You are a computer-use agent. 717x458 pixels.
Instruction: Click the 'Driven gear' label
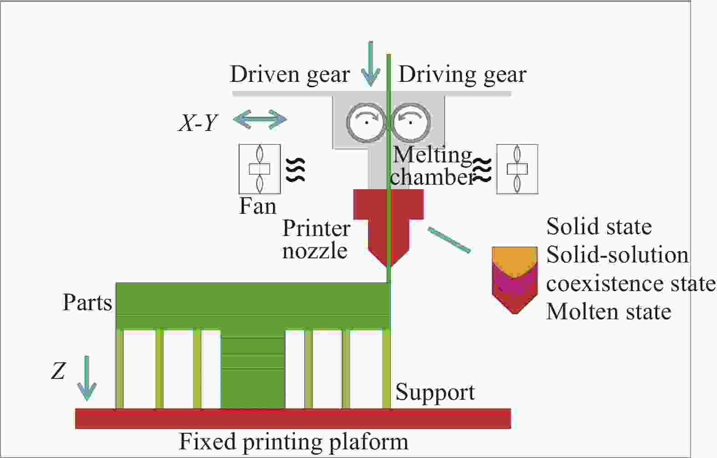tap(290, 74)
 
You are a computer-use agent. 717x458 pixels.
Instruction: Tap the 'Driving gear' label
tap(462, 74)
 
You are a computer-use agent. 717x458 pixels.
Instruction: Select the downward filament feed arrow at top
tap(371, 64)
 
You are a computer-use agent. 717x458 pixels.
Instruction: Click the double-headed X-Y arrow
tap(260, 120)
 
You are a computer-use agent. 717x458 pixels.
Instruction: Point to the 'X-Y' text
tap(198, 122)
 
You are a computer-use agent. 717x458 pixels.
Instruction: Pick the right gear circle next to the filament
tap(411, 121)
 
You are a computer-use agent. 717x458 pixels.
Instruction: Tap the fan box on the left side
tap(260, 169)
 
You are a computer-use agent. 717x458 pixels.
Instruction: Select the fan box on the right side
tap(517, 169)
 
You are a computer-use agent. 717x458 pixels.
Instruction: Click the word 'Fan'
tap(258, 206)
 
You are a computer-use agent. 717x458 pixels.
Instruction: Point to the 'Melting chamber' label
tap(432, 166)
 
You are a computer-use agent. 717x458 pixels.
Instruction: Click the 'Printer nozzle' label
tap(316, 239)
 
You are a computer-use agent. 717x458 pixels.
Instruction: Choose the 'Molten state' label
tap(608, 312)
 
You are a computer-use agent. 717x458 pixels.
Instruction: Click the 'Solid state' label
tap(599, 226)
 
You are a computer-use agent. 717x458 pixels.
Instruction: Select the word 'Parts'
tap(87, 302)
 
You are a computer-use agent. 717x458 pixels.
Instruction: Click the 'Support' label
tap(435, 393)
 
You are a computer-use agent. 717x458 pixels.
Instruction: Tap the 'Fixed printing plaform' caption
tap(294, 442)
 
